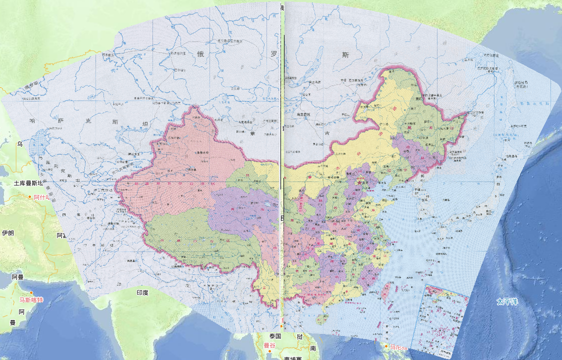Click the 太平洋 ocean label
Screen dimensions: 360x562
[507, 302]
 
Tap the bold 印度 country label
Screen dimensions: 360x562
[142, 292]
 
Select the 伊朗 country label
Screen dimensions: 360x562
[7, 233]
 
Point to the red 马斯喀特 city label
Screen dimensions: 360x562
[31, 300]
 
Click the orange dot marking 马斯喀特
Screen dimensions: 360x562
[31, 293]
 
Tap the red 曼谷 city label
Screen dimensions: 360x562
[269, 345]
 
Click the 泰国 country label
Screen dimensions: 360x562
[275, 336]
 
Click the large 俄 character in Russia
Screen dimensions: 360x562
[201, 54]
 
